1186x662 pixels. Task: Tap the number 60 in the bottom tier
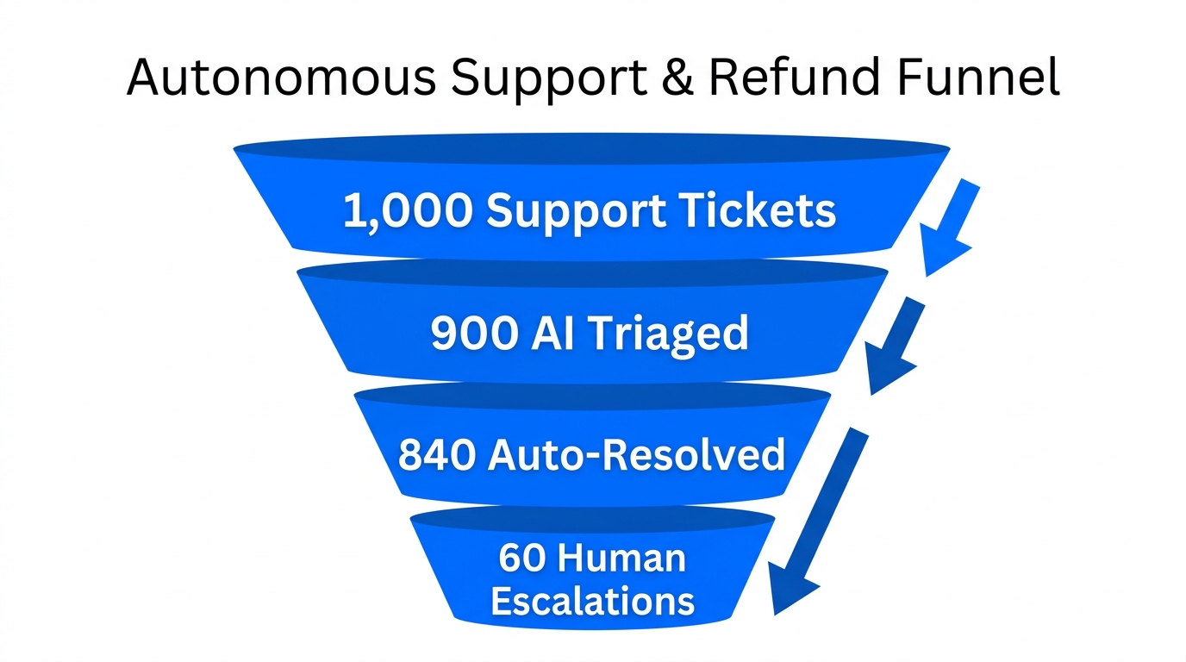[521, 559]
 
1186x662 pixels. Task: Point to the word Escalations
[592, 601]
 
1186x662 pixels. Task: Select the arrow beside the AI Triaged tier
[895, 345]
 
